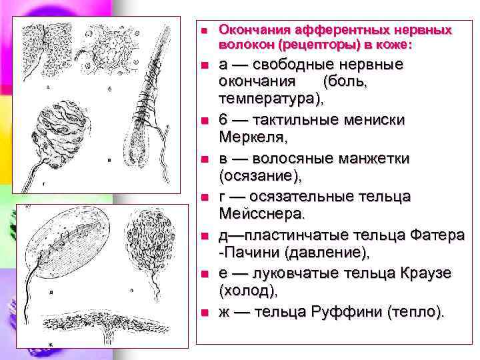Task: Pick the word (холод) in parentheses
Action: pos(247,291)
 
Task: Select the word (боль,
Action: pos(343,82)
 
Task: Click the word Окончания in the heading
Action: pos(248,31)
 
